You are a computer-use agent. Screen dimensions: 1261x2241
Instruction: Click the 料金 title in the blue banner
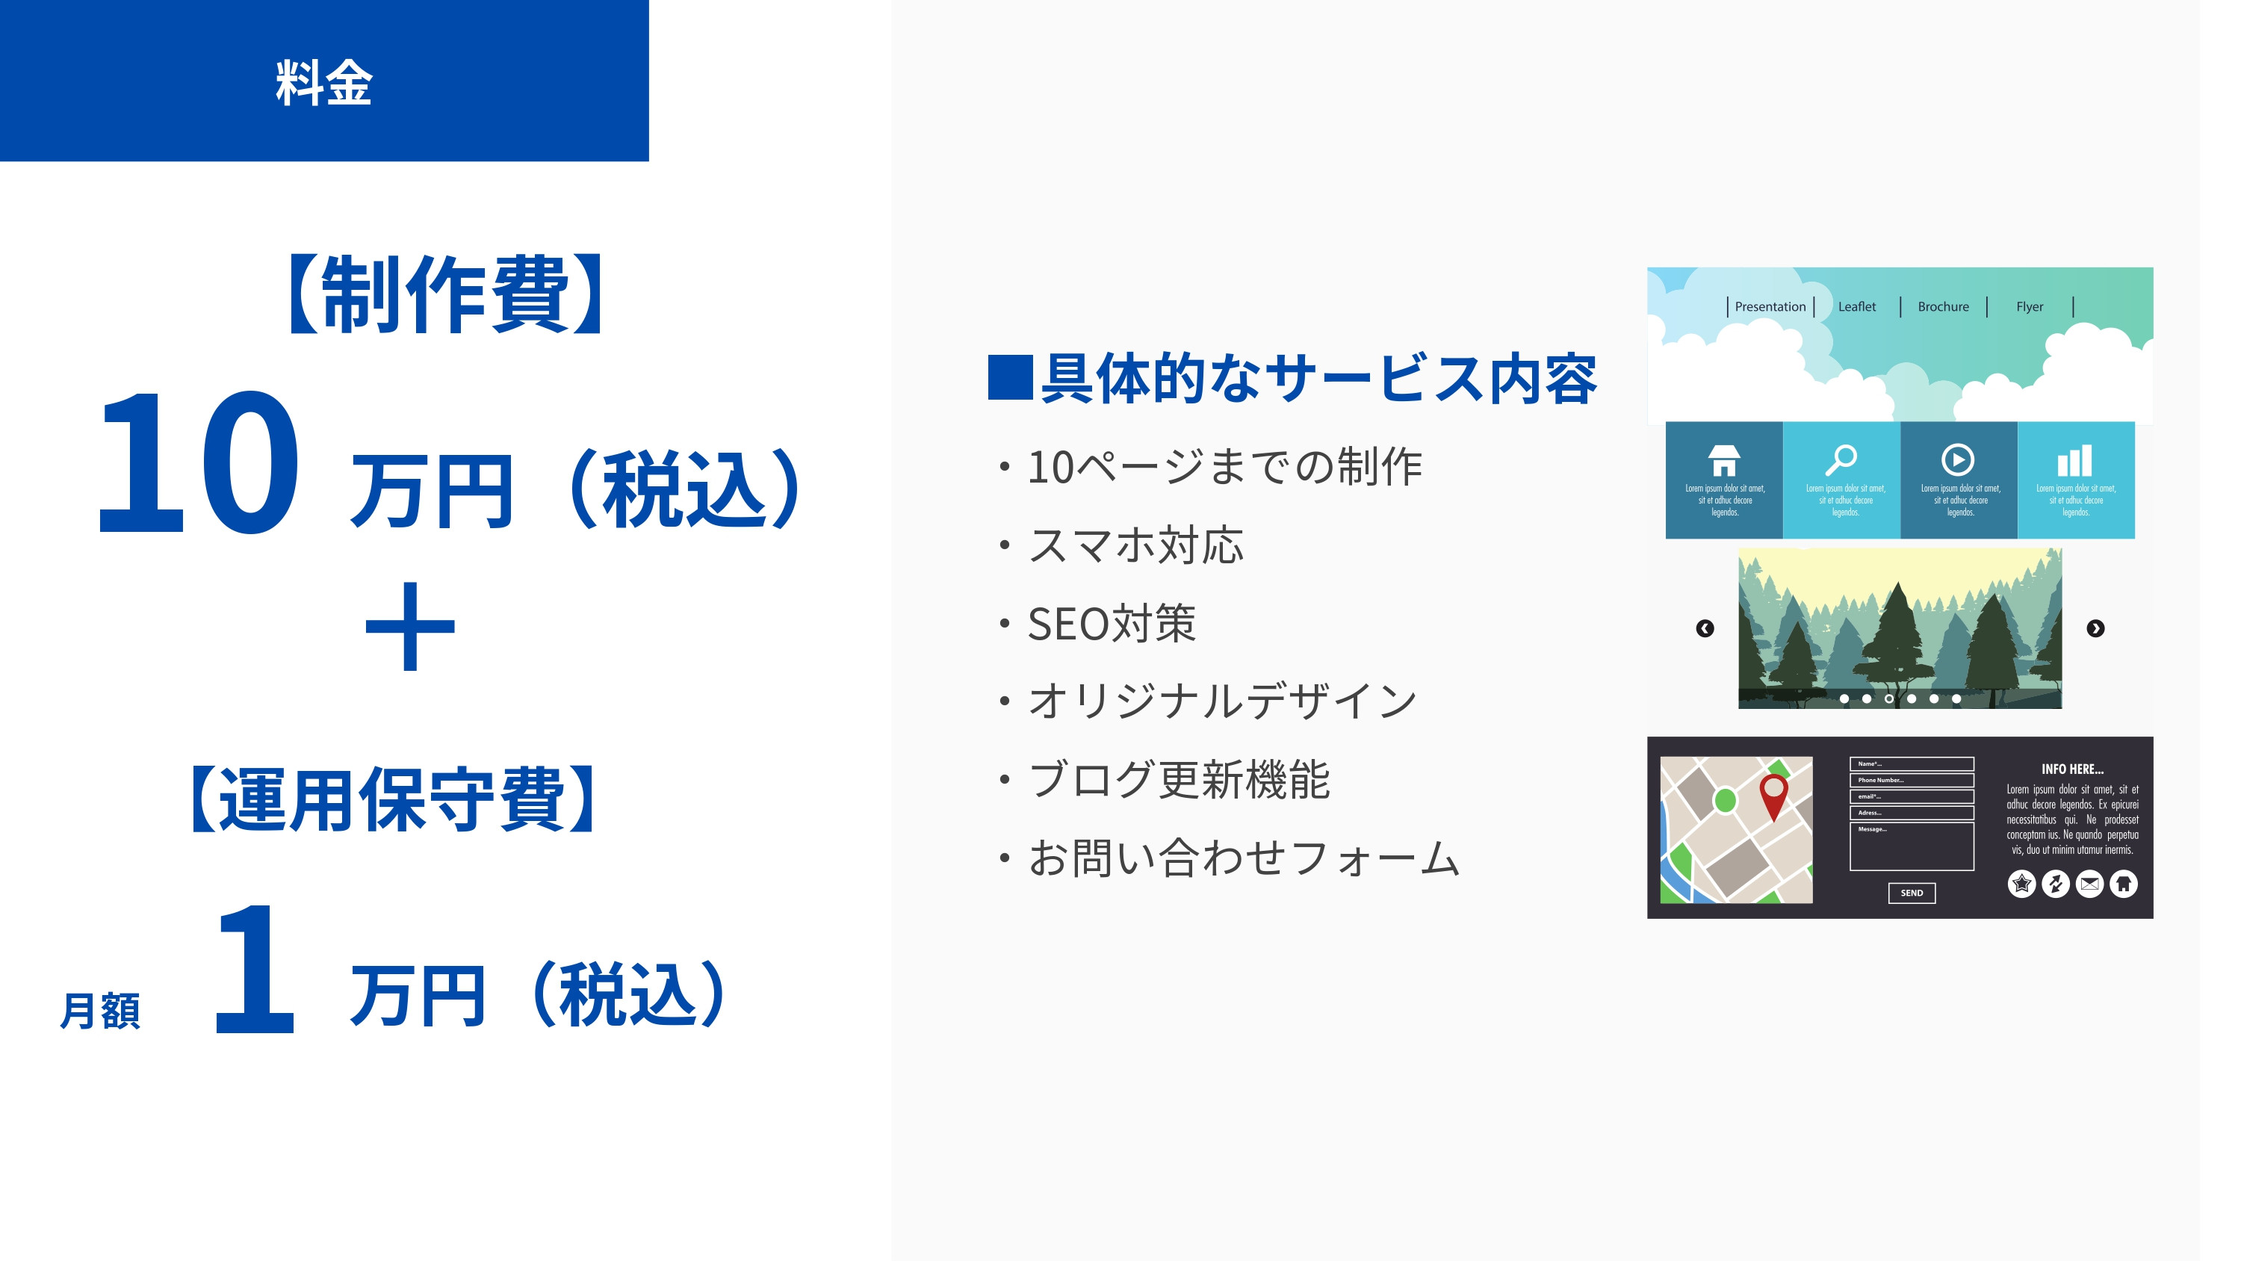tap(323, 84)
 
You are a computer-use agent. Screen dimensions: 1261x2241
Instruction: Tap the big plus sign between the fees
tap(410, 627)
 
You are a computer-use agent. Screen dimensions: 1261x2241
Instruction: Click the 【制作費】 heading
tap(445, 294)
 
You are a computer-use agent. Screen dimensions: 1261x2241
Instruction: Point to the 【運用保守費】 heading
tap(393, 799)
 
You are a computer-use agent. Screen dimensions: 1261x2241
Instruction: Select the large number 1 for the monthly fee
tap(254, 970)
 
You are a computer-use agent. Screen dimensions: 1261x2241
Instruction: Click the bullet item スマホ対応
tap(1135, 545)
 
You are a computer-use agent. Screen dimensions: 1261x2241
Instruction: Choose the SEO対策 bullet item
tap(1111, 624)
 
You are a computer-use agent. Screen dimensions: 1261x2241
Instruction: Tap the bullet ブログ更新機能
tap(1179, 780)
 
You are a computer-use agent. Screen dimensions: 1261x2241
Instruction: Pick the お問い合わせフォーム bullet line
tap(1243, 858)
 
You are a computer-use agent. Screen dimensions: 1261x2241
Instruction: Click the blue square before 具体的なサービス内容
tap(1010, 378)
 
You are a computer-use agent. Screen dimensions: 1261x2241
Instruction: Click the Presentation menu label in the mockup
tap(1770, 307)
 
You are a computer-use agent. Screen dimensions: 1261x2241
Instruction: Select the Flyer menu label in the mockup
tap(2029, 307)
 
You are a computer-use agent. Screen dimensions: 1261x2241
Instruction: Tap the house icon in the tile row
tap(1723, 460)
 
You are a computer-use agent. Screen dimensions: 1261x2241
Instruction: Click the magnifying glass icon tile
tap(1841, 460)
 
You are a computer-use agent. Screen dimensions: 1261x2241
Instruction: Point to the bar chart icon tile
tap(2075, 460)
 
